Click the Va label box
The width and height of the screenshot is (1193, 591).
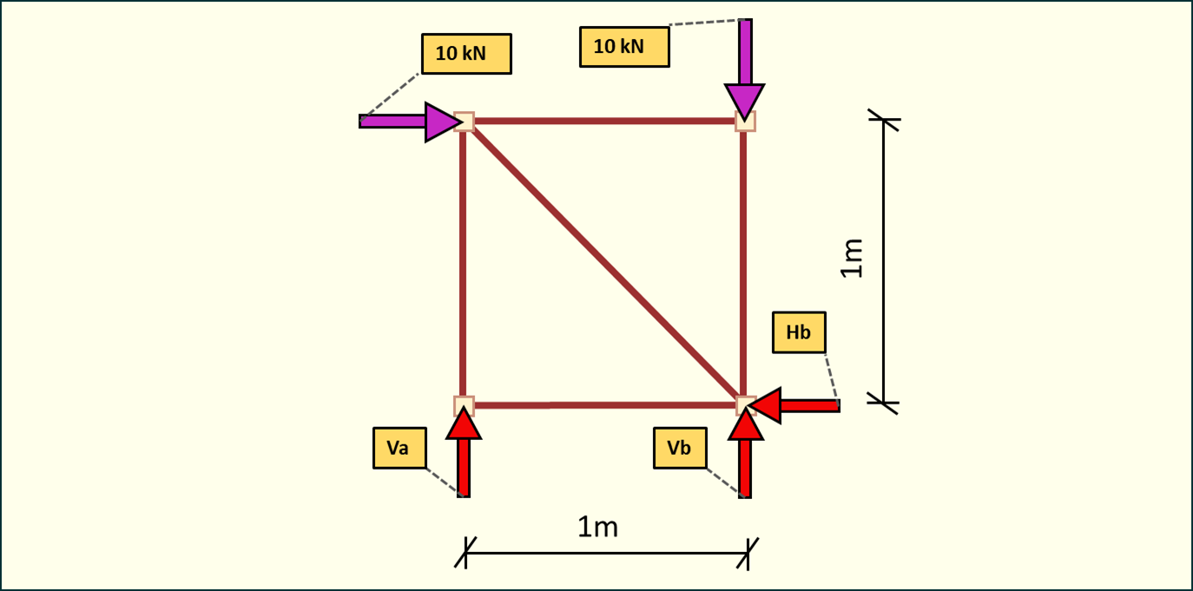click(x=399, y=448)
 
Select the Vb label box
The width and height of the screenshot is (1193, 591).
click(x=680, y=448)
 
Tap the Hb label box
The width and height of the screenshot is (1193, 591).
click(x=799, y=332)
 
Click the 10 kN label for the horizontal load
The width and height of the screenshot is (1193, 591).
click(x=466, y=54)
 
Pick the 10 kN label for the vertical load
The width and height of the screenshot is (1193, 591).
click(x=624, y=47)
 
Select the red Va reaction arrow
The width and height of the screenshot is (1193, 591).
click(x=464, y=455)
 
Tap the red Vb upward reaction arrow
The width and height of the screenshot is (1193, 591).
click(x=745, y=455)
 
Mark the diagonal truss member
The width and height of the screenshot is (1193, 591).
click(x=603, y=263)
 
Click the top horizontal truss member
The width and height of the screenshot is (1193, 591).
click(x=603, y=121)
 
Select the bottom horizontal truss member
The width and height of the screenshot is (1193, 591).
click(x=603, y=405)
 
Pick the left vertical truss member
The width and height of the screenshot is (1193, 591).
click(x=464, y=263)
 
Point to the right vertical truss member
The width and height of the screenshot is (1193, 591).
click(x=744, y=263)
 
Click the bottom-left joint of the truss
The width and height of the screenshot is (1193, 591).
click(x=464, y=404)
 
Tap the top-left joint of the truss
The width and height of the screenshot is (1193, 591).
click(x=465, y=121)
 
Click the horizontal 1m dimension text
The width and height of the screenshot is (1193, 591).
click(x=597, y=526)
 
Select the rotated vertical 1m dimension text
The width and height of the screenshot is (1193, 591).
click(x=853, y=258)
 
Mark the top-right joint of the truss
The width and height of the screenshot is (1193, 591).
click(x=745, y=121)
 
